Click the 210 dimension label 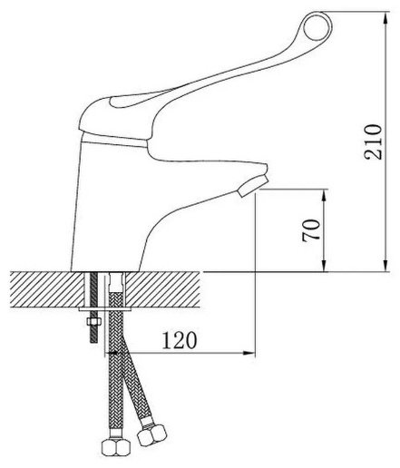(373, 141)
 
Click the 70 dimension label (311, 229)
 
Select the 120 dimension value (180, 340)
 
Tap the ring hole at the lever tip (317, 26)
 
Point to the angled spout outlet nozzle (253, 186)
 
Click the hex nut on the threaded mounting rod (93, 322)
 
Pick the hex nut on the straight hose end (115, 447)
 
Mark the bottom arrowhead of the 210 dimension (385, 266)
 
